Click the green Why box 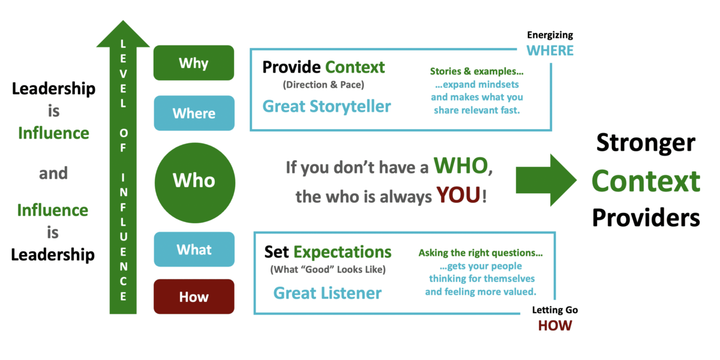pyautogui.click(x=193, y=62)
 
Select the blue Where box pyautogui.click(x=193, y=113)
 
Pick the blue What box pyautogui.click(x=193, y=249)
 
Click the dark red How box pyautogui.click(x=193, y=296)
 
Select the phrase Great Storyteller pyautogui.click(x=326, y=107)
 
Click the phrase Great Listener pyautogui.click(x=327, y=293)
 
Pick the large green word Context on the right pyautogui.click(x=646, y=181)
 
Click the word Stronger pyautogui.click(x=646, y=144)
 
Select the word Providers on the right pyautogui.click(x=646, y=217)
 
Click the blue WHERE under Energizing pyautogui.click(x=550, y=50)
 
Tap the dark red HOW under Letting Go pyautogui.click(x=554, y=326)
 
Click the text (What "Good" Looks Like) pyautogui.click(x=328, y=269)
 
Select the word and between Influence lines pyautogui.click(x=53, y=173)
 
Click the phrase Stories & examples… pyautogui.click(x=476, y=71)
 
